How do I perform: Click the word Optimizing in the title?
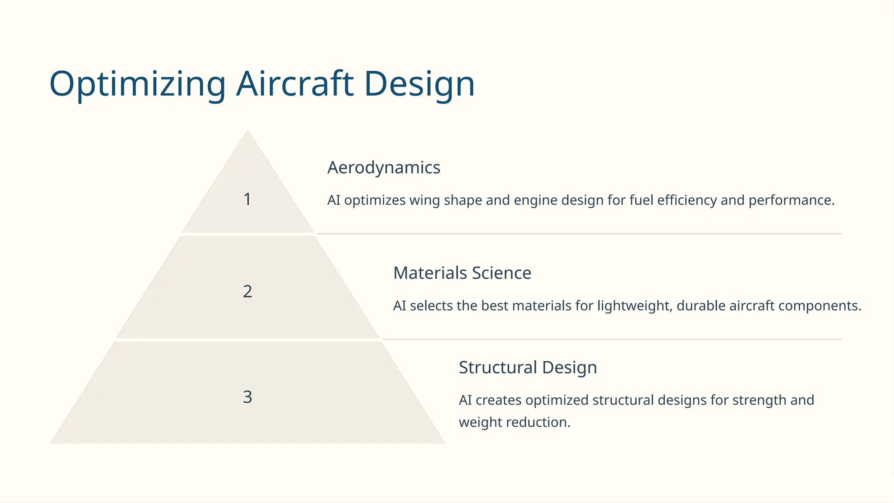137,84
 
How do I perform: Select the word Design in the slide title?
419,84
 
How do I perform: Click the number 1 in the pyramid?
248,200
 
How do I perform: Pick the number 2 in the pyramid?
248,292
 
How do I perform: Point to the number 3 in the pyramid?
248,397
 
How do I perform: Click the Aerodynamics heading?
384,168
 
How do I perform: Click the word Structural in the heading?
498,368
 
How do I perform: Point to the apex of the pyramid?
248,132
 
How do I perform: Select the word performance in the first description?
791,200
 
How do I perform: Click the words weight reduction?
514,423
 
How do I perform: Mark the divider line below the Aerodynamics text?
579,234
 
